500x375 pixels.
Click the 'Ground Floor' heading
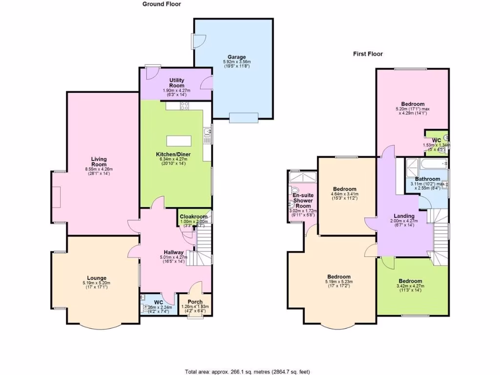[162, 4]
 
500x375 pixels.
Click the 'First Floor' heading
[368, 54]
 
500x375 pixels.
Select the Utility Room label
[177, 83]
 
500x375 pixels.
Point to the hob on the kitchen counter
[185, 106]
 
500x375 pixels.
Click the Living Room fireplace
[56, 197]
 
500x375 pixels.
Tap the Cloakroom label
[194, 217]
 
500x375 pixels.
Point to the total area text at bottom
[247, 371]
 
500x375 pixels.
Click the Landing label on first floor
[404, 216]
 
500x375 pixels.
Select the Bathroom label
[428, 179]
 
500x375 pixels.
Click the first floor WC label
[436, 140]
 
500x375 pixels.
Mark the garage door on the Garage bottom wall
[244, 117]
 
